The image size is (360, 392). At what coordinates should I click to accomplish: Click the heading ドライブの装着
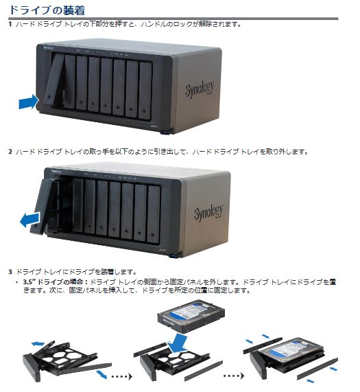coord(47,10)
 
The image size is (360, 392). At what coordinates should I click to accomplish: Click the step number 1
coord(10,25)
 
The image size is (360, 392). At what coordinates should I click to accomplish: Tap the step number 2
coord(10,152)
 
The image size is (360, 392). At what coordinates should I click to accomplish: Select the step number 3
coord(10,272)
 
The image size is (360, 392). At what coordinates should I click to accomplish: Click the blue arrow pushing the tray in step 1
coord(29,102)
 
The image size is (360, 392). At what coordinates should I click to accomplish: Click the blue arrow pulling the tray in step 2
coord(29,220)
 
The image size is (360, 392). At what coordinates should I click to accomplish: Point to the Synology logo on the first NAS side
coord(200,89)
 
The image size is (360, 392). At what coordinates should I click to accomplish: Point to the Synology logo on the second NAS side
coord(208,213)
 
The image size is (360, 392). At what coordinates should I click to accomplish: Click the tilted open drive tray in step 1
coord(54,80)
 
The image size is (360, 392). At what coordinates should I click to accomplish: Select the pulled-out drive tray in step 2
coord(44,207)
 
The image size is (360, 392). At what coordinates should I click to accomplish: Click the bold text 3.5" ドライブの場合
coord(55,282)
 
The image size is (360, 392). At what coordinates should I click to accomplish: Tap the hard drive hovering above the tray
coord(191,316)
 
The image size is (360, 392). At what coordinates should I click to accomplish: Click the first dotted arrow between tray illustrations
coord(121,376)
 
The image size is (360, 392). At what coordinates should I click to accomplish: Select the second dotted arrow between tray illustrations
coord(234,376)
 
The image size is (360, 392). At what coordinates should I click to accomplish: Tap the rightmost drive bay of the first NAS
coord(145,91)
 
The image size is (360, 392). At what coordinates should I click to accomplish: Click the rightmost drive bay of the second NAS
coord(154,214)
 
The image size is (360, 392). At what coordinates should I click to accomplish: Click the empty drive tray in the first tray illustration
coord(62,360)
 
